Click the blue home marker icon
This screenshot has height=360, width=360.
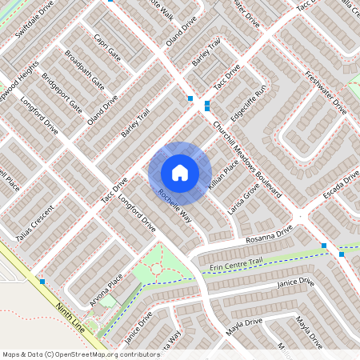coord(180,173)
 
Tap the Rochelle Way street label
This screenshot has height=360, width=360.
coord(174,206)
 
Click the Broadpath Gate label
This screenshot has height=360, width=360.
coord(84,71)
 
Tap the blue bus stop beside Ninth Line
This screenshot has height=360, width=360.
coord(42,282)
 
